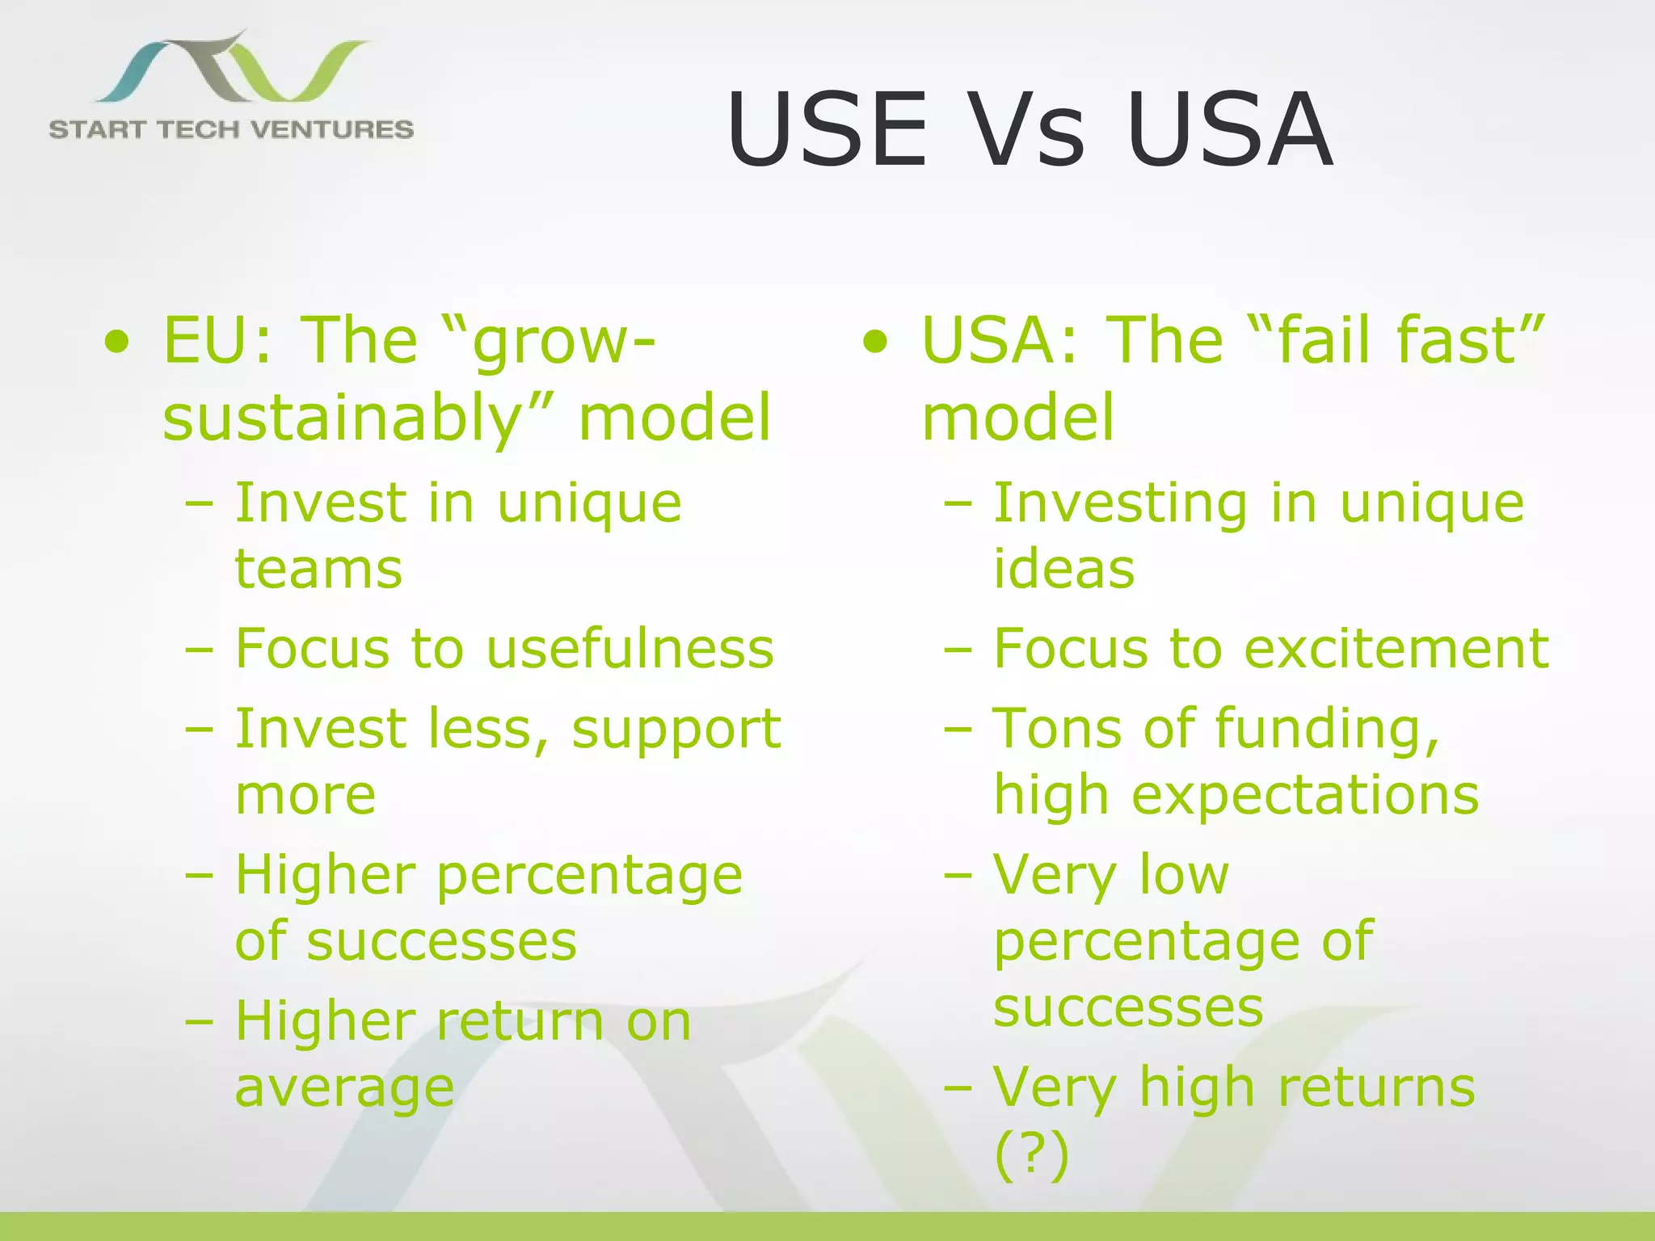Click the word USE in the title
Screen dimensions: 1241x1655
pos(827,131)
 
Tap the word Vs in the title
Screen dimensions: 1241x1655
pos(1026,131)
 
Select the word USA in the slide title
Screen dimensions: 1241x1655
pos(1229,131)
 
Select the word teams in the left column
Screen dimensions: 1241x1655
pos(318,569)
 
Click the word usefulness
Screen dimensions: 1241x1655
pos(630,649)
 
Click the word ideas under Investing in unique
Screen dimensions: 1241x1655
pos(1063,569)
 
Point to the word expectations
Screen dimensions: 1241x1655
pos(1304,796)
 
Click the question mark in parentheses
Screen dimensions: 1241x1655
pos(1031,1155)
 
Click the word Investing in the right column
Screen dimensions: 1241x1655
pos(1120,504)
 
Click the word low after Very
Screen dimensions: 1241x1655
pos(1183,875)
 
